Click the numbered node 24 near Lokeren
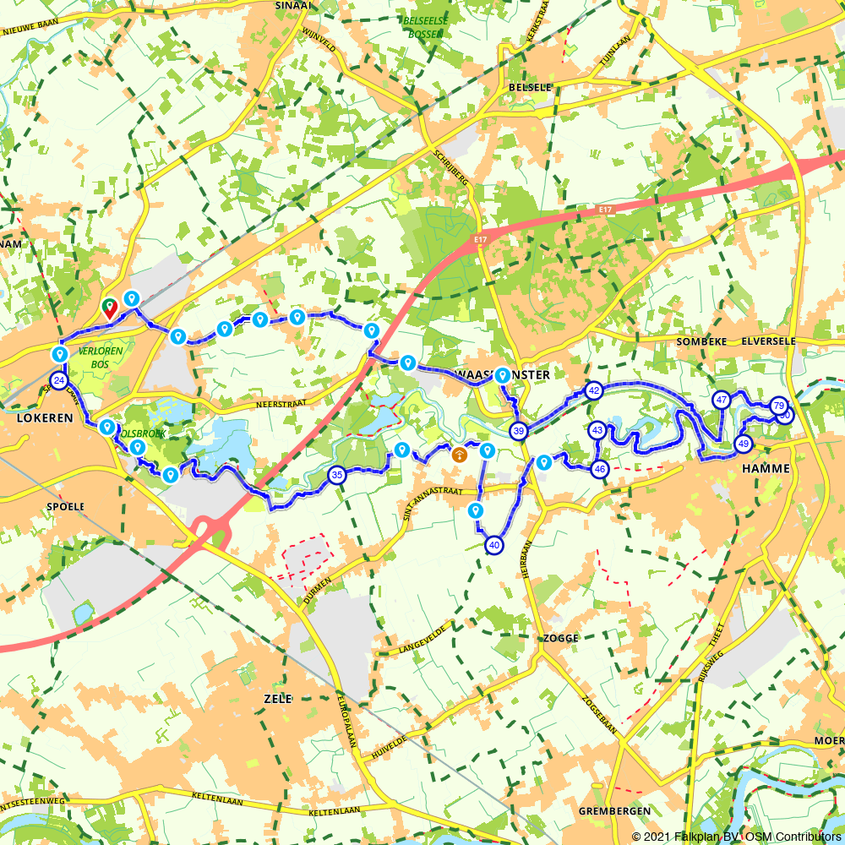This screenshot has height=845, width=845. pos(58,381)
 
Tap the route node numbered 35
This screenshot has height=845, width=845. pos(337,475)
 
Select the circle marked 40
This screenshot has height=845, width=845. pos(494,546)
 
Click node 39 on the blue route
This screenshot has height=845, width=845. pos(519,432)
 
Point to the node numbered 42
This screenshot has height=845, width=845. pos(594,390)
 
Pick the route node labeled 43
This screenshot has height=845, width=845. pos(597,430)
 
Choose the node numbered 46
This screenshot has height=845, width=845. pos(600,469)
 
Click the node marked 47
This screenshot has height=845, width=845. pos(722,401)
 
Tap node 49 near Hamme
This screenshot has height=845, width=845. pos(744,444)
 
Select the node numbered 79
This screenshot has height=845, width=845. pos(778,406)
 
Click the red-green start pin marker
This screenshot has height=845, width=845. pos(109,308)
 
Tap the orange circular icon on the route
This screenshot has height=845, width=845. pos(459,455)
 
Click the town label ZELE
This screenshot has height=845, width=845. pos(278,699)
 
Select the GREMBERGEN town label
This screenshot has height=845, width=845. pos(614,811)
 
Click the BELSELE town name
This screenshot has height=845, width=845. pos(530,87)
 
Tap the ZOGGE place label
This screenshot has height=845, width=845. pos(561,638)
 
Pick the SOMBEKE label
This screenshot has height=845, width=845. pos(702,341)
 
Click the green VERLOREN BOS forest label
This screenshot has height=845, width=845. pos(100,355)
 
